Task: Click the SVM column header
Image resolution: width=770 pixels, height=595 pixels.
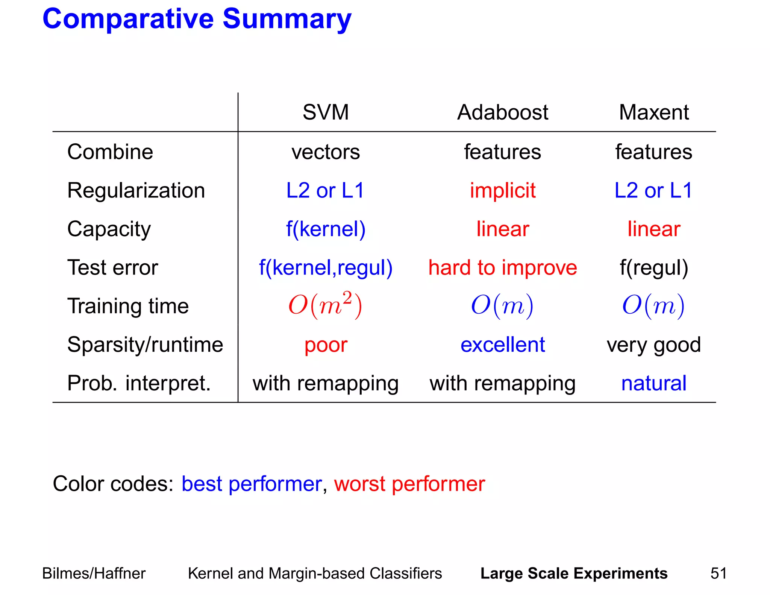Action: coord(326,112)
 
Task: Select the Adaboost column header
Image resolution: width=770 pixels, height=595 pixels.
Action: coord(502,112)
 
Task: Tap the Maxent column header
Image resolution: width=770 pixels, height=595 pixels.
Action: coord(653,112)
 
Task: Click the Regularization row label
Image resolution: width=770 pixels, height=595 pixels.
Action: coord(136,190)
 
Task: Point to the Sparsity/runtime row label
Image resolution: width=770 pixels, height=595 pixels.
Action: coord(145,345)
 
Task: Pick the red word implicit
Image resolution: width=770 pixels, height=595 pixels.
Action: coord(502,190)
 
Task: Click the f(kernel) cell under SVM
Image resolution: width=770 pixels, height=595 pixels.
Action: coord(326,229)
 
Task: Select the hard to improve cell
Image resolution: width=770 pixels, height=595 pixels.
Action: coord(502,267)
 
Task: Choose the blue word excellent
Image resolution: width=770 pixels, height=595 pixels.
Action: coord(502,345)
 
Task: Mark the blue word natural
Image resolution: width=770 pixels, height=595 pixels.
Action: coord(653,383)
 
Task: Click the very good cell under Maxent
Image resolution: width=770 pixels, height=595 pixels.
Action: coord(653,345)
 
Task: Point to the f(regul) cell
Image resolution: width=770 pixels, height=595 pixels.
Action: coord(653,267)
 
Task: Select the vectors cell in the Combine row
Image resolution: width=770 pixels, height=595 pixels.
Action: coord(326,152)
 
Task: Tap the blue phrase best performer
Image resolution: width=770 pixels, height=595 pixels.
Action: coord(252,484)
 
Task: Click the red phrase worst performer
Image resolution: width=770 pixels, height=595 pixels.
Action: coord(409,484)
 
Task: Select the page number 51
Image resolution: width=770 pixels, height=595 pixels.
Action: coord(718,573)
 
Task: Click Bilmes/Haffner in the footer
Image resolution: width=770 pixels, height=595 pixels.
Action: coord(94,573)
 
